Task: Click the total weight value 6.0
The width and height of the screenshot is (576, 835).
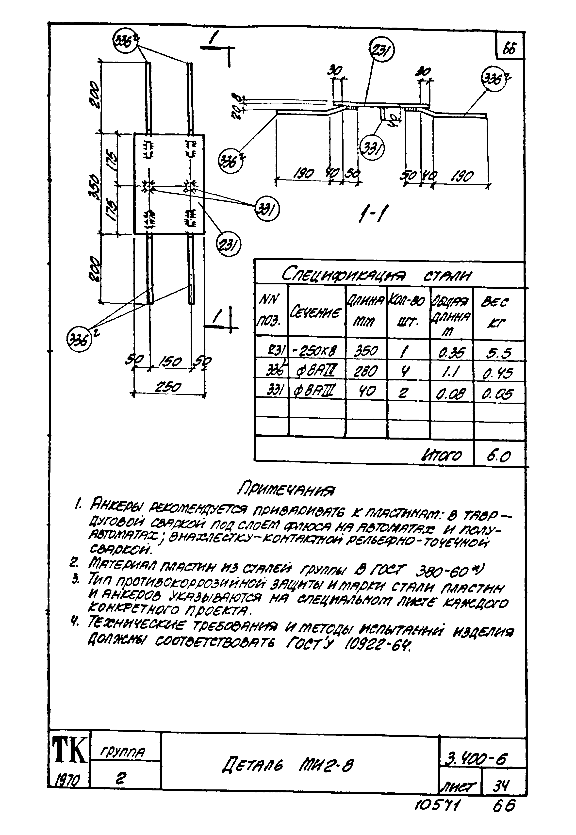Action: [x=498, y=457]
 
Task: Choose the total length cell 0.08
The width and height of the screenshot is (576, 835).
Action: [x=451, y=393]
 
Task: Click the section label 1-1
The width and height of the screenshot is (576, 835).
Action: [x=371, y=216]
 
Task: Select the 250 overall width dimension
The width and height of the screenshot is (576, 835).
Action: [x=168, y=387]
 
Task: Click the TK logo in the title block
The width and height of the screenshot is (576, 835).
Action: [x=69, y=750]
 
